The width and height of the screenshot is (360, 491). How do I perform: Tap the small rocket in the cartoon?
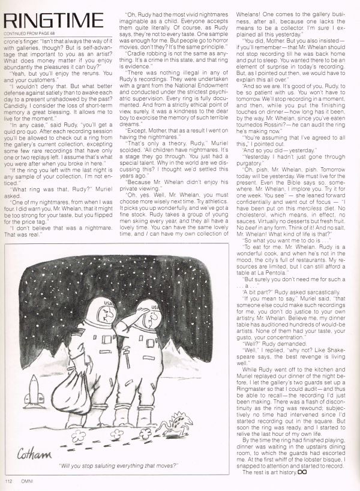(34, 391)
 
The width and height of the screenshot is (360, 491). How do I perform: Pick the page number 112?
(9, 481)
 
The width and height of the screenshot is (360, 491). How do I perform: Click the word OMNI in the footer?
(28, 481)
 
